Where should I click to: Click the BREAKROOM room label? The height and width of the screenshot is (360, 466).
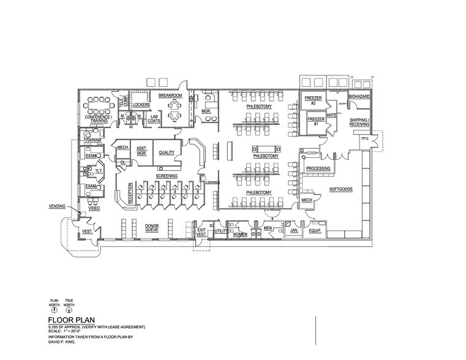click(170, 96)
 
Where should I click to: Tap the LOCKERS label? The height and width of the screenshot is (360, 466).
click(141, 105)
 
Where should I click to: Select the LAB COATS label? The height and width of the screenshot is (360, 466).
click(154, 118)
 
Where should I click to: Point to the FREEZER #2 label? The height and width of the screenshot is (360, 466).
click(311, 100)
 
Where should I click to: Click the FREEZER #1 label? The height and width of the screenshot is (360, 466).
click(316, 121)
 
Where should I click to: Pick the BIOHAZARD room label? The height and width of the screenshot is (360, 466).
click(359, 97)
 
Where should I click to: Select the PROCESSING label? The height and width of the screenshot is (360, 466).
click(318, 168)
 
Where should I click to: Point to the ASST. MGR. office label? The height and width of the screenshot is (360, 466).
click(141, 151)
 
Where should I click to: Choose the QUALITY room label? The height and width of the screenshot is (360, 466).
click(167, 152)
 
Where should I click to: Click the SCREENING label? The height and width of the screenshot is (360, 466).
click(166, 176)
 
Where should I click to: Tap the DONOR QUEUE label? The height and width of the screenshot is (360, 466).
click(152, 228)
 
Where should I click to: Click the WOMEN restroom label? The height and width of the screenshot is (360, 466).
click(239, 234)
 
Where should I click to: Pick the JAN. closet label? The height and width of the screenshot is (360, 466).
click(293, 231)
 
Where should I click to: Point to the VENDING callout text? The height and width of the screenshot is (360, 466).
click(57, 207)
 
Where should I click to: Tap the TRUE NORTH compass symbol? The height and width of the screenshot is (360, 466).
click(70, 310)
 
